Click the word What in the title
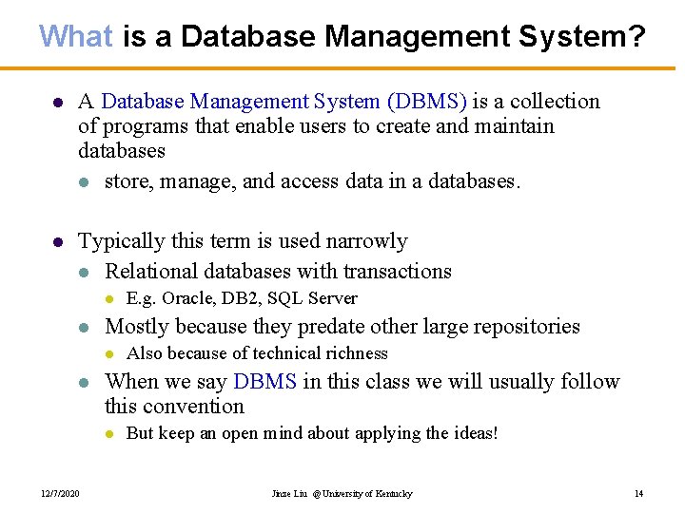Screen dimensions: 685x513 coord(76,36)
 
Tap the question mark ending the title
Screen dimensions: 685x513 coord(637,36)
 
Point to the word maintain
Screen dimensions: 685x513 coord(513,125)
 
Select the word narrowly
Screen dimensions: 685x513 coord(364,241)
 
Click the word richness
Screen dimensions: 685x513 coord(357,353)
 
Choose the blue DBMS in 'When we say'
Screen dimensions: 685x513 coord(264,382)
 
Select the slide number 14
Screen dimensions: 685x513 coord(639,493)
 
